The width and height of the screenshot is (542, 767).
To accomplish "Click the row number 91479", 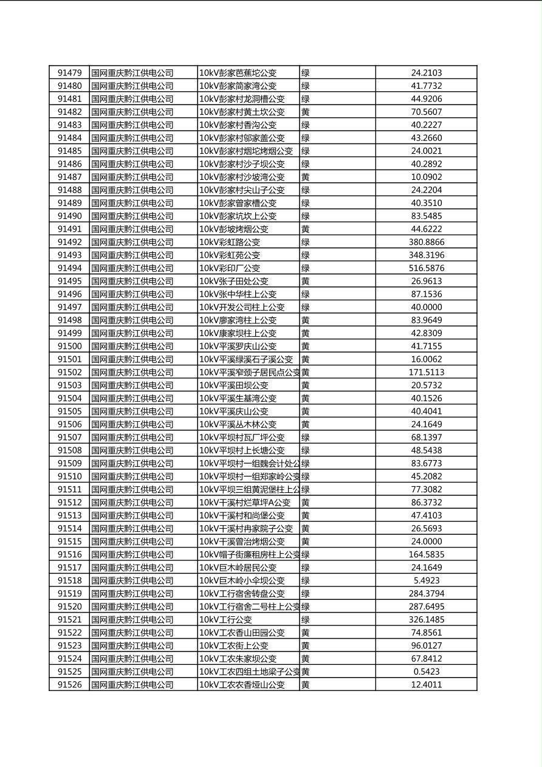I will (69, 73).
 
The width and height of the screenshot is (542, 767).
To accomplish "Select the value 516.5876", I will (426, 268).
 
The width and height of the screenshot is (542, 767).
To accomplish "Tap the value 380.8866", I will (426, 242).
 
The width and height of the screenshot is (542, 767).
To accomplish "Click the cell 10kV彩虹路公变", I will (230, 242).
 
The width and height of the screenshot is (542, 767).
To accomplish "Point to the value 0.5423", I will (426, 672).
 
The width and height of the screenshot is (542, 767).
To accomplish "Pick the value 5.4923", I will (426, 580).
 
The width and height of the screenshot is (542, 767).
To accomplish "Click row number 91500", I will (69, 346).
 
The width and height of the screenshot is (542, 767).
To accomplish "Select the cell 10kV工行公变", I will (225, 619).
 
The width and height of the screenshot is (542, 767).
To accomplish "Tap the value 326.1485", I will (426, 619).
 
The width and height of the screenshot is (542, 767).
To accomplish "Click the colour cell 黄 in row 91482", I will (305, 112).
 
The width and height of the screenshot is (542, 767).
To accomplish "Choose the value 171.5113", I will (426, 372).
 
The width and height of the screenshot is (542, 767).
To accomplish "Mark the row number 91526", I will (69, 685).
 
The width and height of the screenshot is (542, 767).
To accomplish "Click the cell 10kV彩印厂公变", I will (230, 268).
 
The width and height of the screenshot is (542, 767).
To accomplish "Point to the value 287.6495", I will (426, 607).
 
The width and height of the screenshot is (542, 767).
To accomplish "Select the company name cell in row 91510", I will (132, 476).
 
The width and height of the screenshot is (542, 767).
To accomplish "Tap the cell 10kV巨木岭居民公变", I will (238, 568).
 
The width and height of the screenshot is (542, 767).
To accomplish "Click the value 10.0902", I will (426, 177).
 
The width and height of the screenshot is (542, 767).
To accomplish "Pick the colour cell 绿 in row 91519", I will (305, 594).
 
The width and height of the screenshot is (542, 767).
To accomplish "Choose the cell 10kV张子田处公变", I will (234, 281).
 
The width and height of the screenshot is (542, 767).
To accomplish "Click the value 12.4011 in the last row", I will (426, 685).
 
